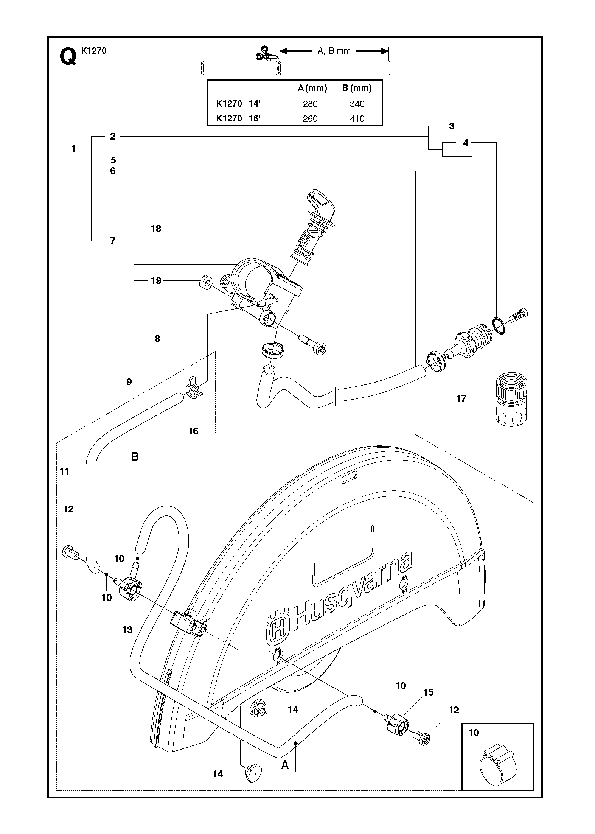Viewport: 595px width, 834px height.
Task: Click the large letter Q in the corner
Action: (68, 57)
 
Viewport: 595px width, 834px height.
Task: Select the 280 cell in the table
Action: (310, 104)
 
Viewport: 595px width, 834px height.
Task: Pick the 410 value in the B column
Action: (357, 119)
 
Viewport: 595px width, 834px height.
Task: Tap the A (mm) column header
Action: (312, 88)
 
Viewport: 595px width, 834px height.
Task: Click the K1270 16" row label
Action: (239, 118)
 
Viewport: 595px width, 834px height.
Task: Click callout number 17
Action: (461, 398)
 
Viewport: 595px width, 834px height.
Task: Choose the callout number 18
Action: (156, 229)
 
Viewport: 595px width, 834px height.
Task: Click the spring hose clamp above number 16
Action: (193, 387)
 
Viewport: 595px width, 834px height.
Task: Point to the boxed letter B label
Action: (135, 457)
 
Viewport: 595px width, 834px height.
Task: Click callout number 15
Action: (428, 692)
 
